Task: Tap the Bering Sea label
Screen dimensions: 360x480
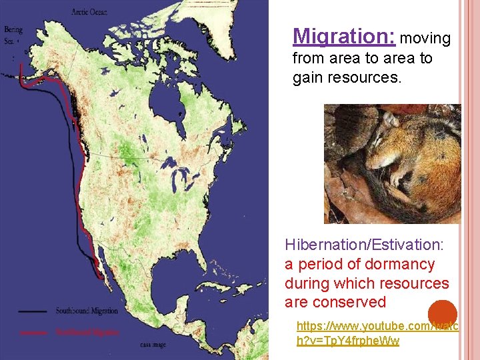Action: pos(12,35)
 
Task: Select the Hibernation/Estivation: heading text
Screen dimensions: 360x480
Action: pos(359,245)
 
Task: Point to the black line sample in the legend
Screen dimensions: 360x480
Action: pos(33,311)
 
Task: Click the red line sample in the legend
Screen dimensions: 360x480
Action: pos(33,331)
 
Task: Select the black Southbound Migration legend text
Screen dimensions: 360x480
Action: pos(87,311)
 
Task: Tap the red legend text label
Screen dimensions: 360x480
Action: pos(87,331)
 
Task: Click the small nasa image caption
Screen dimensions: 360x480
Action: pos(153,345)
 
